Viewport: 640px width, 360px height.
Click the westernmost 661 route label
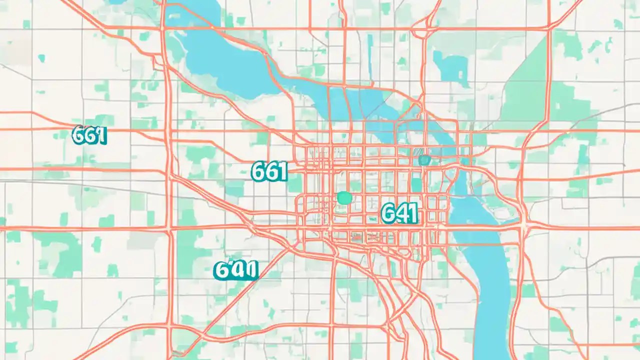point(89,135)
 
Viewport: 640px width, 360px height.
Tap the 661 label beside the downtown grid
point(269,172)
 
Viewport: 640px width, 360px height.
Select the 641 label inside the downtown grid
point(399,213)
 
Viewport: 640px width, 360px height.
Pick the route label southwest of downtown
point(235,270)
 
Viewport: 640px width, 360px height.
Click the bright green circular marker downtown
point(344,197)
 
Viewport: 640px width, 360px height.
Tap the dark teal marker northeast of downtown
point(424,160)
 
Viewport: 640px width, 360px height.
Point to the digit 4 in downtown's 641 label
point(400,213)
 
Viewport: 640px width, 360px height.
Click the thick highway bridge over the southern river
point(480,227)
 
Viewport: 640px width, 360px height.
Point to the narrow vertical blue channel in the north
point(370,50)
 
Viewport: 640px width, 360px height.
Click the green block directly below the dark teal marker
point(416,184)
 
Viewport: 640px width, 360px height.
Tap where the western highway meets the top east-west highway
point(163,28)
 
